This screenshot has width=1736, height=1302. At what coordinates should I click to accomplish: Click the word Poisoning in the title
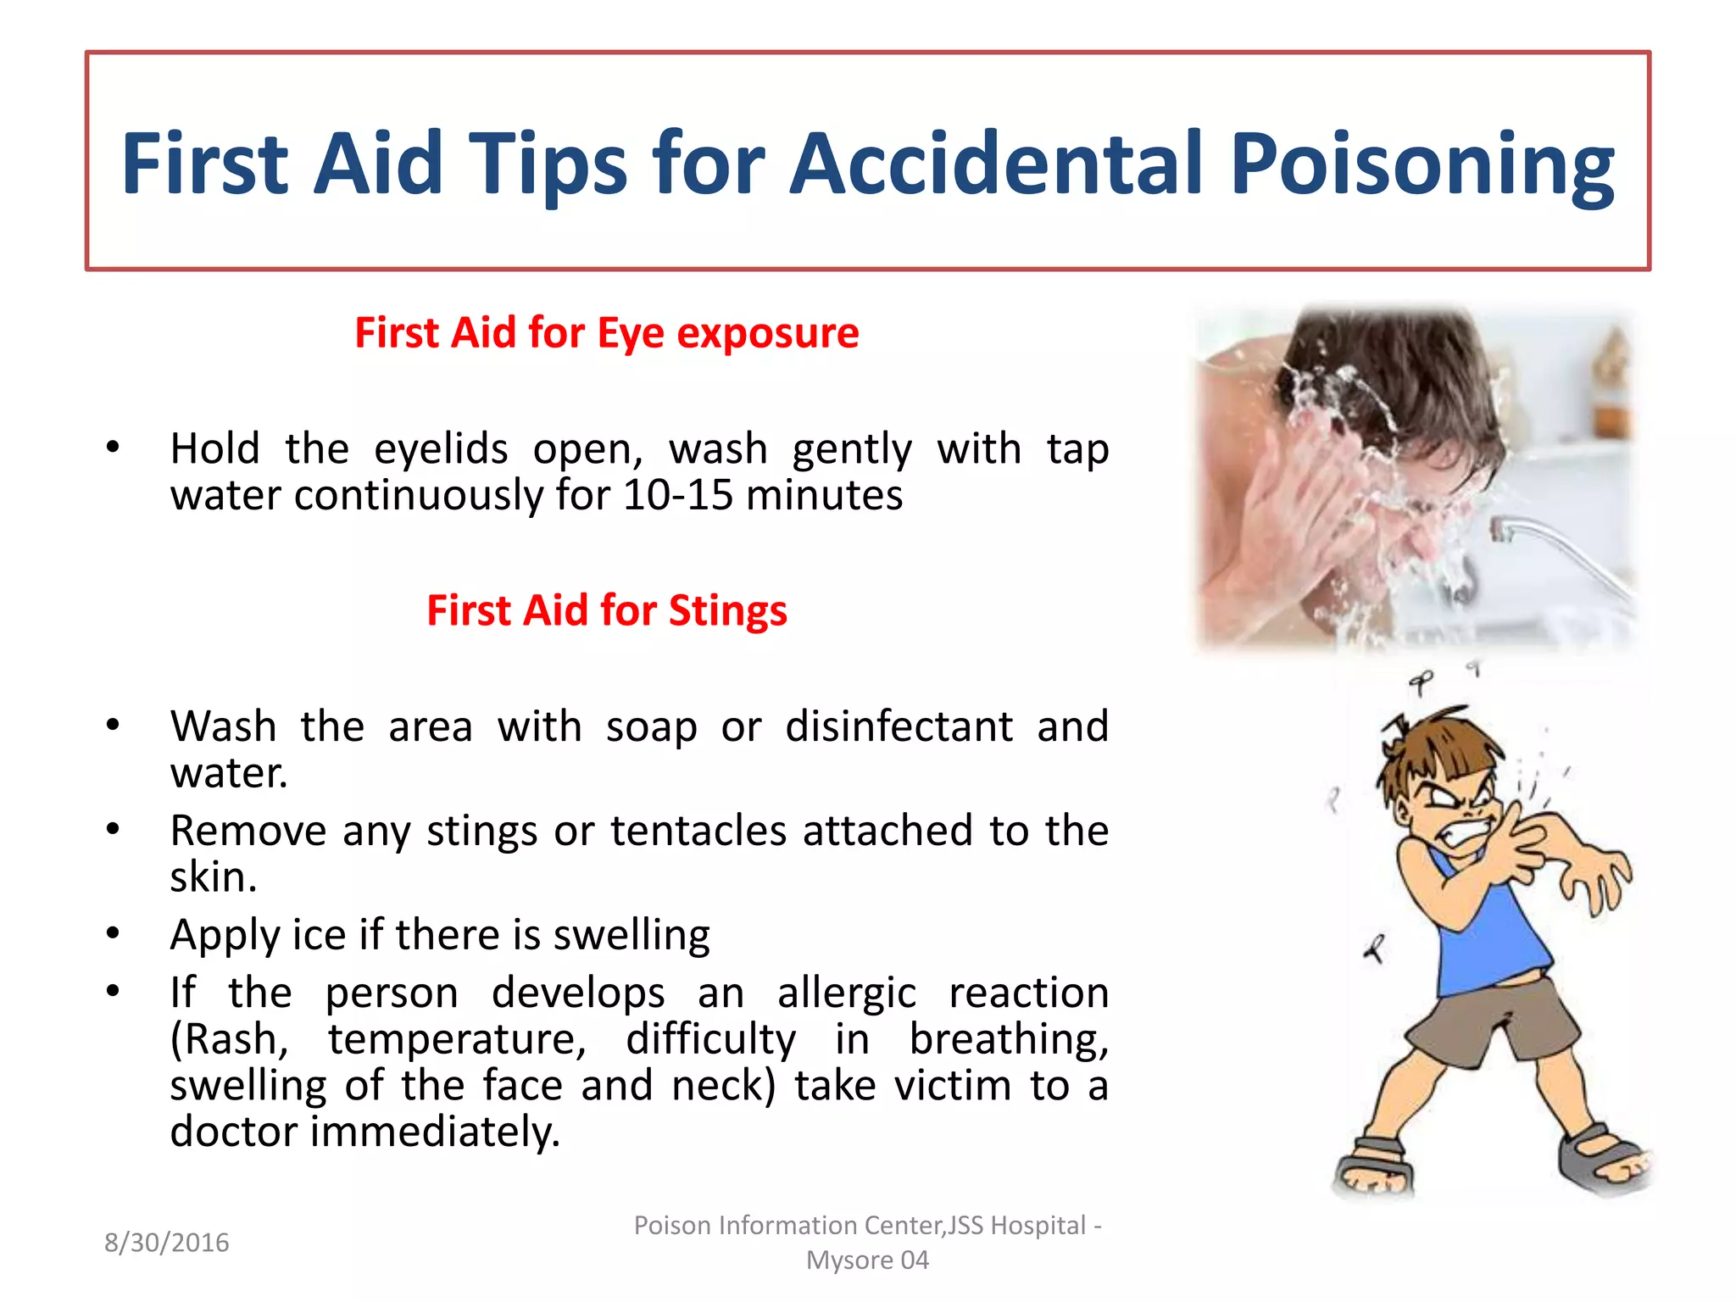[x=1422, y=164]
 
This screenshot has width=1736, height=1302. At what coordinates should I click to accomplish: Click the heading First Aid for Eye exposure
[x=606, y=332]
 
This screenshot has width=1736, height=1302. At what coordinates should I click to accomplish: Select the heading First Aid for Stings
[x=606, y=610]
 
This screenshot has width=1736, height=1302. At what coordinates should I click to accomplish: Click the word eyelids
[x=441, y=449]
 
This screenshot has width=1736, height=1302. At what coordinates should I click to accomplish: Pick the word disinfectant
[x=899, y=727]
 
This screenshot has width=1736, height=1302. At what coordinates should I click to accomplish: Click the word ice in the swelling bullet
[x=319, y=935]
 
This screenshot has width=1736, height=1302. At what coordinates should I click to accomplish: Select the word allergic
[x=846, y=993]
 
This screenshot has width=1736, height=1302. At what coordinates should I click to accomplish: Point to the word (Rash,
[x=229, y=1040]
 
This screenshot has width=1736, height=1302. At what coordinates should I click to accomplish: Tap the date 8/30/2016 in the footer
[x=166, y=1243]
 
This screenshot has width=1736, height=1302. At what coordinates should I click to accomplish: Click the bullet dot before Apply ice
[x=113, y=933]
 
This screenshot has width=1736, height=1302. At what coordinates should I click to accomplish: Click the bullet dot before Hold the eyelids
[x=113, y=448]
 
